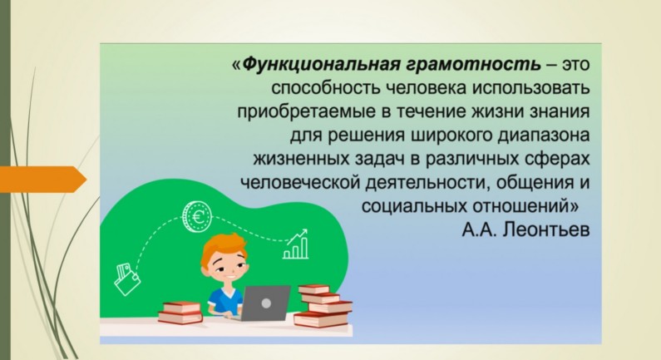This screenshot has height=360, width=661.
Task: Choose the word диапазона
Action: point(544,136)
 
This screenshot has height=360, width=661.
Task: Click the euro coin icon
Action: point(196,217)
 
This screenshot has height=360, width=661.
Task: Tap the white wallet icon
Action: point(126,279)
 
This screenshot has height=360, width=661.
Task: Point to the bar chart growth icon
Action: point(296,244)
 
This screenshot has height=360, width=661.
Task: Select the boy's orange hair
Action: point(224,249)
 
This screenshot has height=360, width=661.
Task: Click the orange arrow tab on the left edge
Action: point(43,180)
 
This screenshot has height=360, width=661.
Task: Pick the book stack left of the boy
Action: point(180,313)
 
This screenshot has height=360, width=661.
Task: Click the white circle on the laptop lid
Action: point(266,303)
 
